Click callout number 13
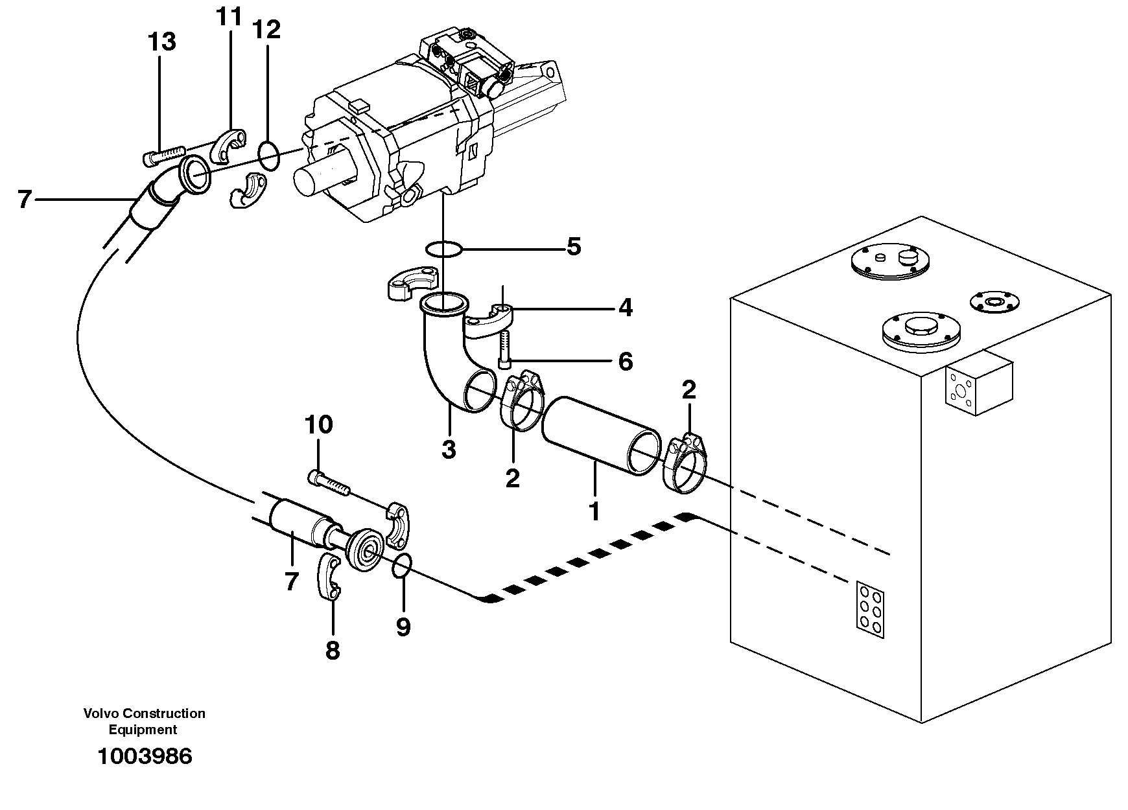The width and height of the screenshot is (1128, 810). point(161,42)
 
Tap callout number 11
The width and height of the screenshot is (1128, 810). point(228,17)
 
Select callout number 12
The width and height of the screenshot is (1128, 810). point(266,29)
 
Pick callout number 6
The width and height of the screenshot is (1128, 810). point(625,362)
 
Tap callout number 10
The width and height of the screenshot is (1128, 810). point(318,425)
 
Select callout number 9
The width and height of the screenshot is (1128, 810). point(403,626)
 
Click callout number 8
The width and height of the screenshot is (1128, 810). point(332,650)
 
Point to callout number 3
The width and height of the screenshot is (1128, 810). point(449,448)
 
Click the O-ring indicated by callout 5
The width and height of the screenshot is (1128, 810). point(443,248)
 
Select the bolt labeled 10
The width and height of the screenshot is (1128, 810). point(327,483)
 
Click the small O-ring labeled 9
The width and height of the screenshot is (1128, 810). point(402,566)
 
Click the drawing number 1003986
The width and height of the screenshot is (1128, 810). point(145,756)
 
